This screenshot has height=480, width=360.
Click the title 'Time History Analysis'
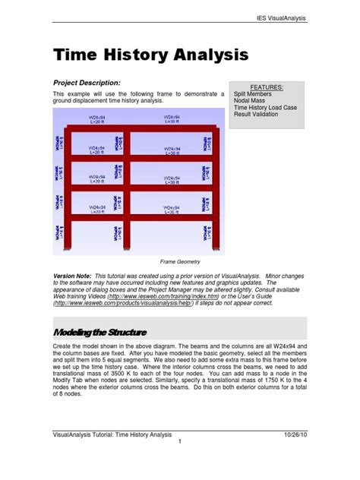(150, 55)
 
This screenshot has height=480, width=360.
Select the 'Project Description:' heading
(87, 82)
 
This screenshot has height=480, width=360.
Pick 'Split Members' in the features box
(256, 95)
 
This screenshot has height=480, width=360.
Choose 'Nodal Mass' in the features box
(253, 103)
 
